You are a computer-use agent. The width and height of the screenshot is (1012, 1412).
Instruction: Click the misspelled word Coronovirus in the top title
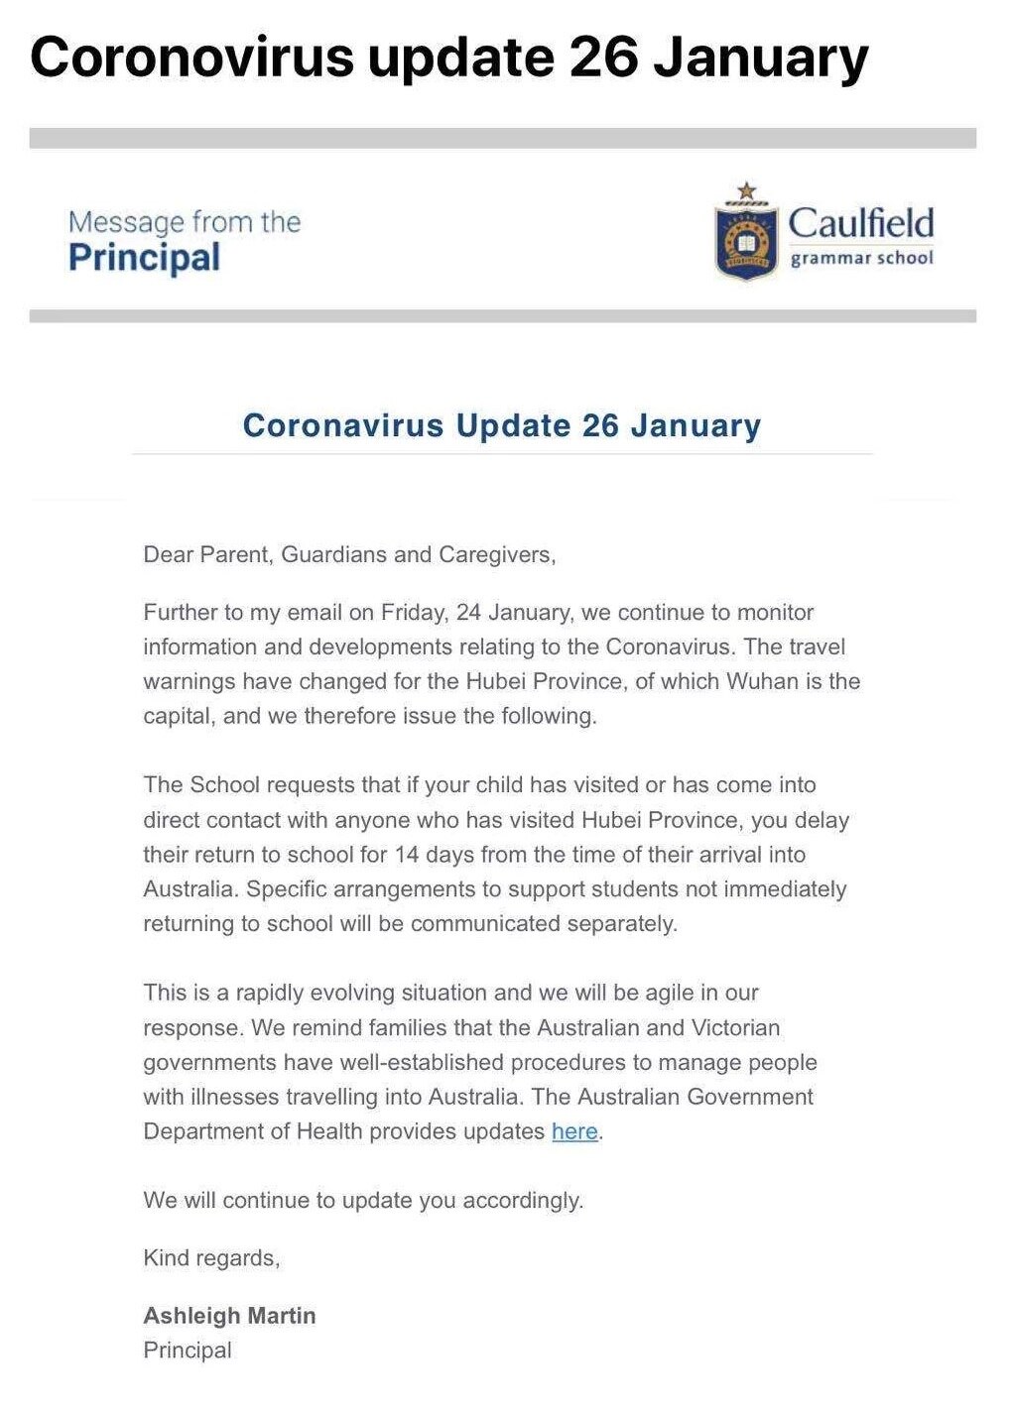pos(191,57)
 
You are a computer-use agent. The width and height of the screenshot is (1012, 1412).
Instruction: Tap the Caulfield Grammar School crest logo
pos(746,241)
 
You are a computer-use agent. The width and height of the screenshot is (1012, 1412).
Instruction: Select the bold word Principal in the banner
pos(144,258)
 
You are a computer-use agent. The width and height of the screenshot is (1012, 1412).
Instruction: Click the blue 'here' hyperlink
pos(574,1131)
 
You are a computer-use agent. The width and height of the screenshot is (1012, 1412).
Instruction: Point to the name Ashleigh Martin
pos(229,1316)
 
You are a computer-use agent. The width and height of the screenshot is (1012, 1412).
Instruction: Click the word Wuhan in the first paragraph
pos(763,681)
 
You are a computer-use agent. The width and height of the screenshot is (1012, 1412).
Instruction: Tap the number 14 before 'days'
pos(407,854)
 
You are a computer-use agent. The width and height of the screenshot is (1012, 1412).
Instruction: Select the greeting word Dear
pos(169,554)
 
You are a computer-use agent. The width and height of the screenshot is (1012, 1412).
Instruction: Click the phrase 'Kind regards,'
pos(211,1258)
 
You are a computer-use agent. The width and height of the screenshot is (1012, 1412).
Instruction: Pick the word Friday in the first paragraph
pos(413,612)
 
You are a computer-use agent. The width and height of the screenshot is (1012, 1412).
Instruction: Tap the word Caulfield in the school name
pos(860,222)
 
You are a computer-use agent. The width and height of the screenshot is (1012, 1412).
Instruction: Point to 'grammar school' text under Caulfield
pos(861,258)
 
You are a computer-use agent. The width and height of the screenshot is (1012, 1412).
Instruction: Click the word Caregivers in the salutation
pos(496,554)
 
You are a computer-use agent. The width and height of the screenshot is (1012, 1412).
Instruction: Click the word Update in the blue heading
pos(513,425)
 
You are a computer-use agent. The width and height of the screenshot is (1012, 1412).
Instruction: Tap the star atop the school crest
pos(747,190)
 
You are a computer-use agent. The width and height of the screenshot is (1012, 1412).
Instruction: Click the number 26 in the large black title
pos(603,57)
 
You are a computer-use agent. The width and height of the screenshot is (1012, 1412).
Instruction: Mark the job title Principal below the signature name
pos(188,1351)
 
